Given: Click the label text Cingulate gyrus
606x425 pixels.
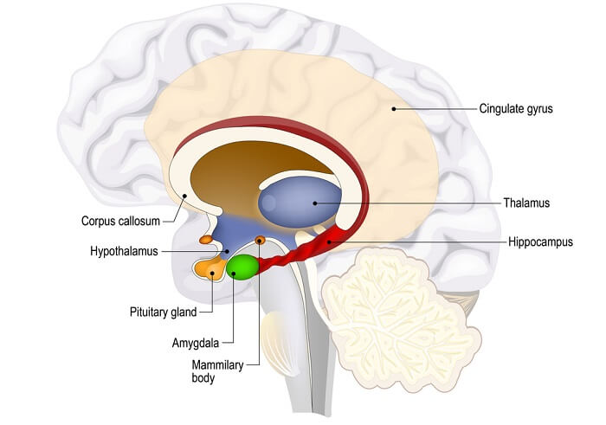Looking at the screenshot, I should (x=515, y=109).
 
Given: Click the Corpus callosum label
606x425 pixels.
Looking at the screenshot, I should (x=121, y=221).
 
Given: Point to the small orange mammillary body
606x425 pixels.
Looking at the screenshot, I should (x=259, y=240).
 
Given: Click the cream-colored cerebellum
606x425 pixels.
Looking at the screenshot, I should (x=398, y=307).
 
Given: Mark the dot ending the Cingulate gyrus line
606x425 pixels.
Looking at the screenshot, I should (x=393, y=109).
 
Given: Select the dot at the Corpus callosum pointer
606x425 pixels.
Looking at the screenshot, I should (x=183, y=196).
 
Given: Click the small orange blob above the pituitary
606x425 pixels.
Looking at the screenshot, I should (x=206, y=239).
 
